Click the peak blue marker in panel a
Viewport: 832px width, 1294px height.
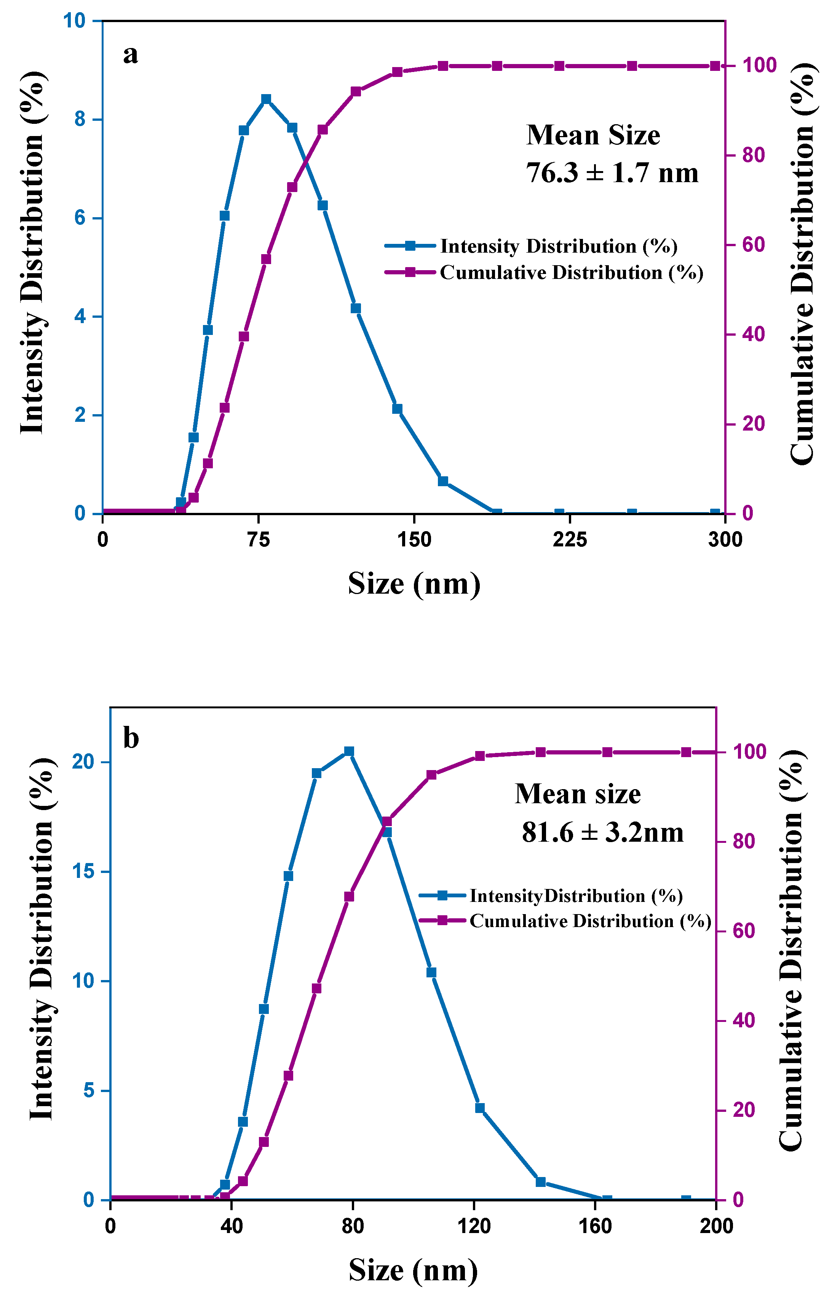click(x=266, y=99)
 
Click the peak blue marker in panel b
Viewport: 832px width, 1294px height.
click(x=349, y=751)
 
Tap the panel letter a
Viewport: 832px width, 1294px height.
click(x=130, y=54)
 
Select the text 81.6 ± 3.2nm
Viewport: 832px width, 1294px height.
click(x=602, y=833)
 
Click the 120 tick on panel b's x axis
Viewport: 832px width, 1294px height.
click(x=474, y=1226)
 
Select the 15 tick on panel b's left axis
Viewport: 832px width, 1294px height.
click(x=83, y=872)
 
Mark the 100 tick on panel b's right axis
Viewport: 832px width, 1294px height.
click(x=749, y=752)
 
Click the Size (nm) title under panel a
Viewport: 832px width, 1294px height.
click(x=414, y=584)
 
